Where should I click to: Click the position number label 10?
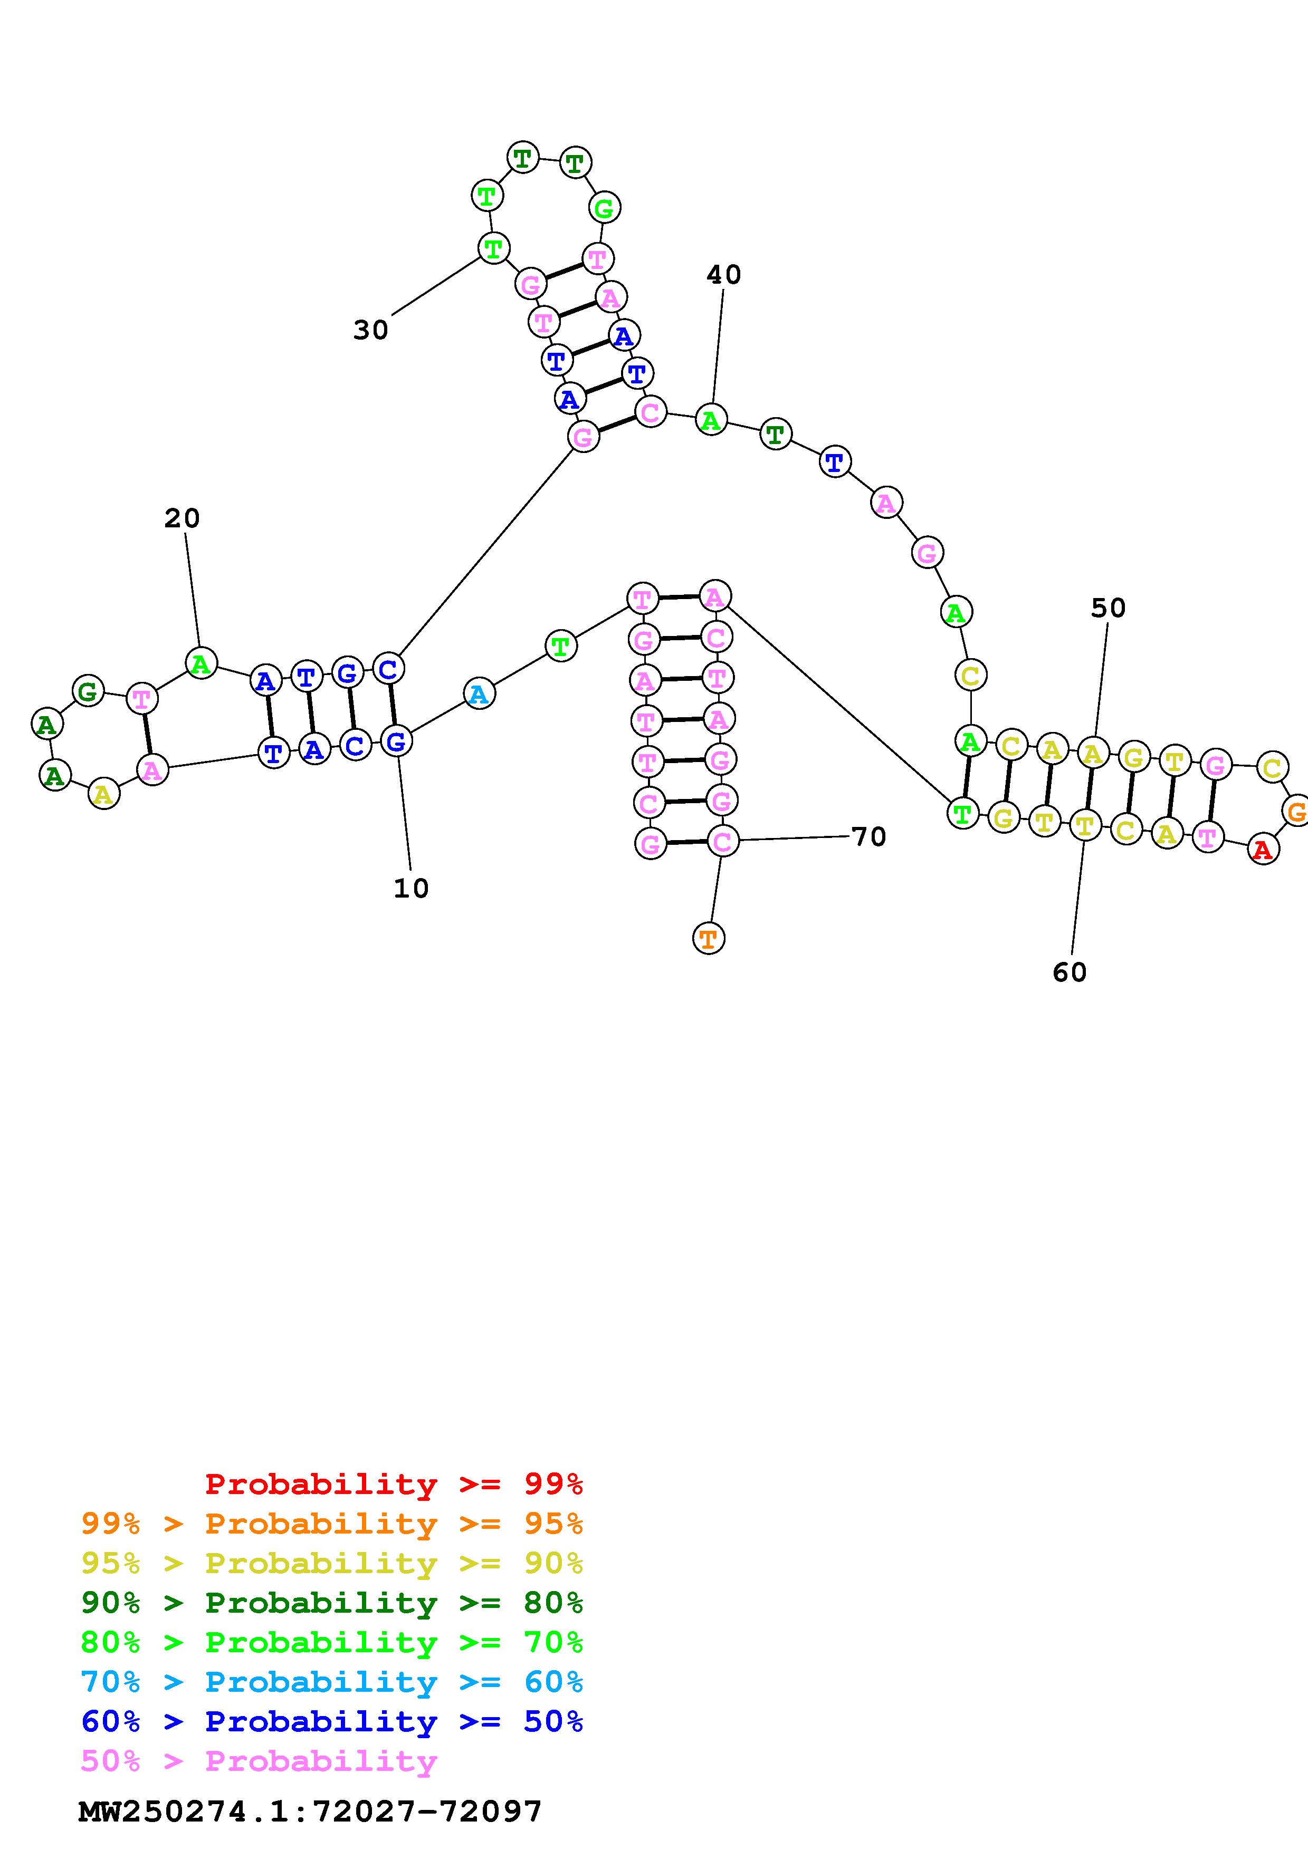[411, 888]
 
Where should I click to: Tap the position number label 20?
[182, 518]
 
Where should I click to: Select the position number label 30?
[371, 330]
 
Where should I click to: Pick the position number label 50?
[1107, 609]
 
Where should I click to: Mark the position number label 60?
[1070, 972]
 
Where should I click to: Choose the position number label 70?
[869, 837]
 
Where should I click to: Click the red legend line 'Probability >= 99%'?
[394, 1484]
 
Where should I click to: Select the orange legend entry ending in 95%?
[332, 1524]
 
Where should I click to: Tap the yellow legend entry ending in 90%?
[332, 1563]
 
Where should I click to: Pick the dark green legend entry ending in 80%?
[332, 1603]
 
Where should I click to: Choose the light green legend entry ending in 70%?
[332, 1642]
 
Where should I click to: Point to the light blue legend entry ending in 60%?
[332, 1682]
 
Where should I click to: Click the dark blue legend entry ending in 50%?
[332, 1721]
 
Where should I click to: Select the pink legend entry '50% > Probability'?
[259, 1760]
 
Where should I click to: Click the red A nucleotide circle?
[1262, 849]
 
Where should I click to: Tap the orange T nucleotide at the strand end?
[709, 938]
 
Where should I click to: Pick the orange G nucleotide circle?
[1295, 811]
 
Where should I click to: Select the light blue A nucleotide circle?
[479, 694]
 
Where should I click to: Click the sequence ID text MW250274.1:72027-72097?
[310, 1812]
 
